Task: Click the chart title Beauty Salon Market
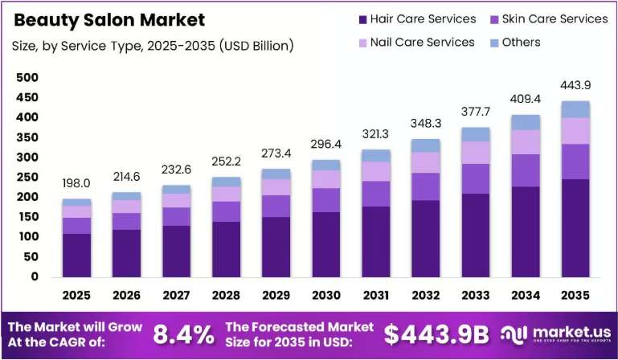(x=109, y=20)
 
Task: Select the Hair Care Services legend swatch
(x=363, y=19)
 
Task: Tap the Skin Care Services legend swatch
(x=494, y=19)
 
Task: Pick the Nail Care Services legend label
(x=422, y=43)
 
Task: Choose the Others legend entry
(x=515, y=43)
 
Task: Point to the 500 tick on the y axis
(x=27, y=77)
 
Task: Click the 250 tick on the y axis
(x=27, y=177)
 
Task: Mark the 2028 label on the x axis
(x=227, y=295)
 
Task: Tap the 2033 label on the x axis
(x=476, y=295)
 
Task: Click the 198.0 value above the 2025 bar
(x=76, y=183)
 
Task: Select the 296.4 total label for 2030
(x=326, y=145)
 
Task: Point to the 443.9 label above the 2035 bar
(x=576, y=85)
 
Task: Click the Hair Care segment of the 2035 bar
(x=576, y=228)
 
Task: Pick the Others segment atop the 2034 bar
(x=526, y=123)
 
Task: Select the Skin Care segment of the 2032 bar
(x=426, y=187)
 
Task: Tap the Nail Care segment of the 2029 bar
(x=276, y=187)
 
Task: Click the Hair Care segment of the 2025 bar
(x=76, y=255)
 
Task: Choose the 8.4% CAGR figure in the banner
(x=184, y=335)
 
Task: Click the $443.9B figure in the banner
(x=436, y=335)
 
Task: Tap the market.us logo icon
(x=514, y=335)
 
